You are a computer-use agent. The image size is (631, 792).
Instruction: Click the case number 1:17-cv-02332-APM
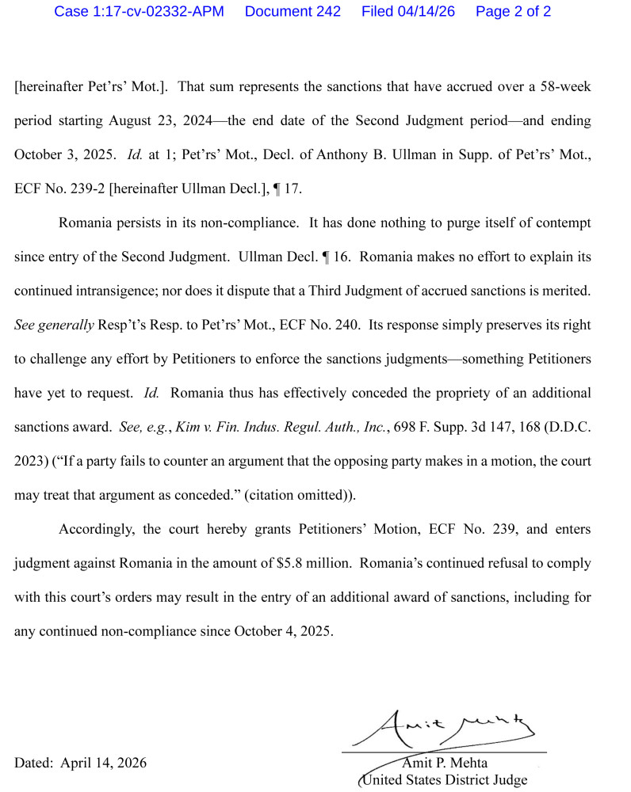[139, 12]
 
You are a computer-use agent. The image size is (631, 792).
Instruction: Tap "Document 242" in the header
[293, 12]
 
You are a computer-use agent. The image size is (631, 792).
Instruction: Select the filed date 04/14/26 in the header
[408, 12]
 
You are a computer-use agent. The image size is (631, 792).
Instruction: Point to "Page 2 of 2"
[513, 12]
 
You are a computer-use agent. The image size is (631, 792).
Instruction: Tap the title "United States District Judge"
[444, 780]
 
